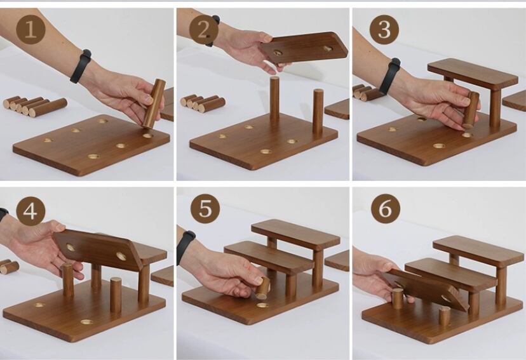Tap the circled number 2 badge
tap(204, 30)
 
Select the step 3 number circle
tap(384, 29)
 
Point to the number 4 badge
tap(30, 211)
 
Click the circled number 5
tap(205, 208)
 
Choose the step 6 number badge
tap(386, 208)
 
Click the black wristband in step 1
tap(81, 66)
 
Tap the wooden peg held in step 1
tap(154, 103)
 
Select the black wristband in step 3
tap(389, 76)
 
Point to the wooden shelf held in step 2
tap(304, 48)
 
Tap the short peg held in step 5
tap(262, 288)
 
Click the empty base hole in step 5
tap(262, 305)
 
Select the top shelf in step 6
tap(478, 251)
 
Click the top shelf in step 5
tap(295, 234)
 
